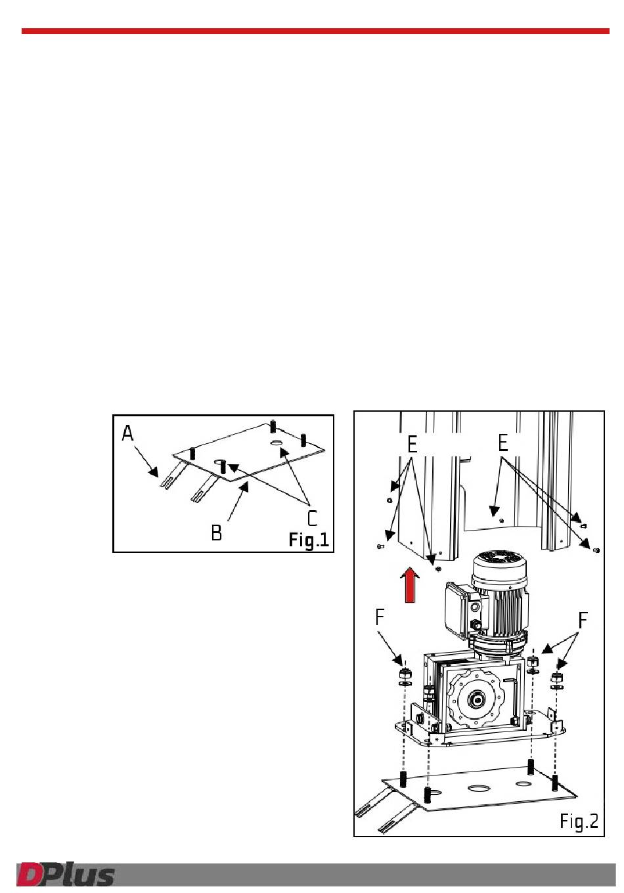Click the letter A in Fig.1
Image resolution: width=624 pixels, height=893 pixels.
[x=127, y=433]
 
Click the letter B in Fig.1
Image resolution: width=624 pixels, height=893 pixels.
[x=216, y=533]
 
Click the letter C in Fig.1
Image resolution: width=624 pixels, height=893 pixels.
[x=312, y=518]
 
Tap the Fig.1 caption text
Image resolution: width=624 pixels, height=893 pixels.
[x=309, y=540]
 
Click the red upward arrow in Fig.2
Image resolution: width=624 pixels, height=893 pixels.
[x=410, y=585]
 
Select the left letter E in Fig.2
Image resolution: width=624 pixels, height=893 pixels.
[x=412, y=445]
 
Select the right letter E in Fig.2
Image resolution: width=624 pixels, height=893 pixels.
[x=503, y=443]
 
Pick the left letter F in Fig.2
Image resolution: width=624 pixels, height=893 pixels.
[x=380, y=617]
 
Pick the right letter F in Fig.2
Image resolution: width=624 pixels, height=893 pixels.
[x=583, y=620]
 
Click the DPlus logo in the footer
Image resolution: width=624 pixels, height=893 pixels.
[x=66, y=874]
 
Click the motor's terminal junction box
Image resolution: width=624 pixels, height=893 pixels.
[x=459, y=609]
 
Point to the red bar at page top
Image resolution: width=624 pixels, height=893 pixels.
[x=315, y=31]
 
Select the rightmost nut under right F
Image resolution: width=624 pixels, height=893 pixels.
[x=556, y=676]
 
